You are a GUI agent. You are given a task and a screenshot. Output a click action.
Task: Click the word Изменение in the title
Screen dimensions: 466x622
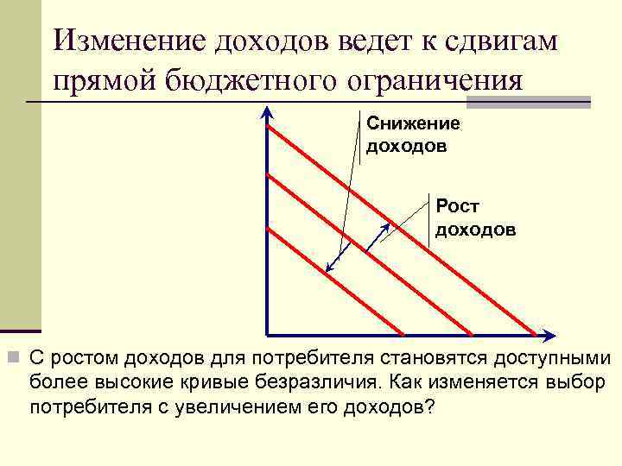coord(128,41)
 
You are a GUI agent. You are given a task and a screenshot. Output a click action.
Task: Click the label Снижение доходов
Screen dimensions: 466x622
coord(413,135)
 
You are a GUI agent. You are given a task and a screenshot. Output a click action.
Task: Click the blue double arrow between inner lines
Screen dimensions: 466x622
coord(338,259)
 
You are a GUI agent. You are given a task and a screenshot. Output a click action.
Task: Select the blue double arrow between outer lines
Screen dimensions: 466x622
coord(374,232)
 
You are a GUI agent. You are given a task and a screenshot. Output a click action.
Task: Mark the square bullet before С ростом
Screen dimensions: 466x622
coord(13,357)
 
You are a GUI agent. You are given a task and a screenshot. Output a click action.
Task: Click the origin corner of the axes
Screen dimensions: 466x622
coord(269,335)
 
